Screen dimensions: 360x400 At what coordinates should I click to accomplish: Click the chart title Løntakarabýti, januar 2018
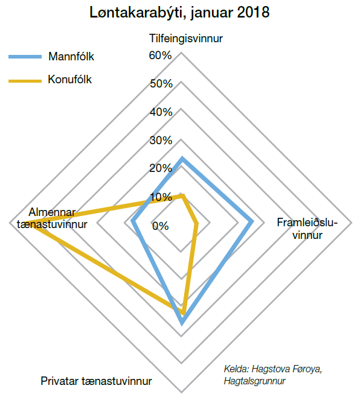click(x=179, y=12)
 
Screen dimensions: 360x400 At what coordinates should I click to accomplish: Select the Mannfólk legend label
click(x=71, y=56)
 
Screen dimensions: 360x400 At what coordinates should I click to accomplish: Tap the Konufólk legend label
click(x=69, y=80)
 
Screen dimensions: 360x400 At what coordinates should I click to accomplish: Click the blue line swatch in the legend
click(x=25, y=57)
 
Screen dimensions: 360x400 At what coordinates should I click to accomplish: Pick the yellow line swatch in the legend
click(x=25, y=81)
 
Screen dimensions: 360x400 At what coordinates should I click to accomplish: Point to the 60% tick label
click(x=160, y=56)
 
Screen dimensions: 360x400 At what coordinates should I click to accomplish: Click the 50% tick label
click(x=161, y=84)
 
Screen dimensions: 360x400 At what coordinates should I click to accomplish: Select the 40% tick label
click(x=161, y=112)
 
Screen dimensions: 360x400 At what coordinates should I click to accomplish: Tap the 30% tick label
click(x=161, y=141)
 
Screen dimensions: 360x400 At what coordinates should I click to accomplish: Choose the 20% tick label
click(x=161, y=168)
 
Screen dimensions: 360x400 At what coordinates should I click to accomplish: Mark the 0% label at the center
click(x=160, y=226)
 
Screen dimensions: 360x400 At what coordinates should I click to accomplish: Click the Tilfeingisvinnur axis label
click(x=186, y=39)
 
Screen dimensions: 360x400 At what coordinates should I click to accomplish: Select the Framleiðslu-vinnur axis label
click(x=307, y=229)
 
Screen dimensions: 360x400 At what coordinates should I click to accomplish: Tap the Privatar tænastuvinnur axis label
click(x=96, y=381)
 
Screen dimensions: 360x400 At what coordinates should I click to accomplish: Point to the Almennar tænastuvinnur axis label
click(x=52, y=218)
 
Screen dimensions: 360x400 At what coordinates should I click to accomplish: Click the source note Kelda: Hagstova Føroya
click(x=272, y=369)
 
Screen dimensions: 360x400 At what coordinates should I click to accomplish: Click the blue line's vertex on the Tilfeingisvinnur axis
click(x=182, y=158)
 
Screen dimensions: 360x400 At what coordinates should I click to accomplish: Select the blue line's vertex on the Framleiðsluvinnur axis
click(x=252, y=221)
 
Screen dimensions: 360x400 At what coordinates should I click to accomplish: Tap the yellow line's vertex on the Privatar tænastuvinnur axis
click(x=183, y=313)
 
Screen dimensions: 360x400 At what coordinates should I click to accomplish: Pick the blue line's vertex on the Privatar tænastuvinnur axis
click(x=182, y=323)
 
